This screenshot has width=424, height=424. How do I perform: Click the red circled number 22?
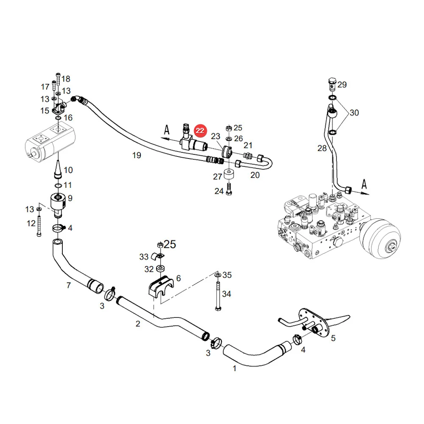tap(201, 131)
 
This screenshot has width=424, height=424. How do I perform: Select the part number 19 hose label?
tap(137, 155)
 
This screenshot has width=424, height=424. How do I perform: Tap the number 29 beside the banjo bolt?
tap(342, 85)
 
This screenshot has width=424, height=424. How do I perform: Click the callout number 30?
tap(354, 112)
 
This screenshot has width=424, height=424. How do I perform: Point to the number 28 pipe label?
tap(322, 148)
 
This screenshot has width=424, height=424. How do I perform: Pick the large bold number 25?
tap(170, 244)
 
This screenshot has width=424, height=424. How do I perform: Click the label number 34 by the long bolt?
tap(226, 294)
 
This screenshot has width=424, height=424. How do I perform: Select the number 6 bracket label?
tap(179, 278)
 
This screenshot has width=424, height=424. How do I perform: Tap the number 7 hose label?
tap(69, 285)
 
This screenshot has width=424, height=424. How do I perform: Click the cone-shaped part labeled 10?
tap(58, 170)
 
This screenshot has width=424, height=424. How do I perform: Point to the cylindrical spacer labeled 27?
tap(229, 174)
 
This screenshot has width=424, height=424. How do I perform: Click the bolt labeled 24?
tap(229, 189)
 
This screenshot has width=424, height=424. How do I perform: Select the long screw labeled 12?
tap(39, 226)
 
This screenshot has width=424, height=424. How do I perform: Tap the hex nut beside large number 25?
tap(160, 245)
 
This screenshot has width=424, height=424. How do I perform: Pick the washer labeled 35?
tap(218, 275)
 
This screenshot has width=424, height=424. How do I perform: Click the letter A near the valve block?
tap(364, 184)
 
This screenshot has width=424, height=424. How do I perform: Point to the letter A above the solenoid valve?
tap(167, 130)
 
